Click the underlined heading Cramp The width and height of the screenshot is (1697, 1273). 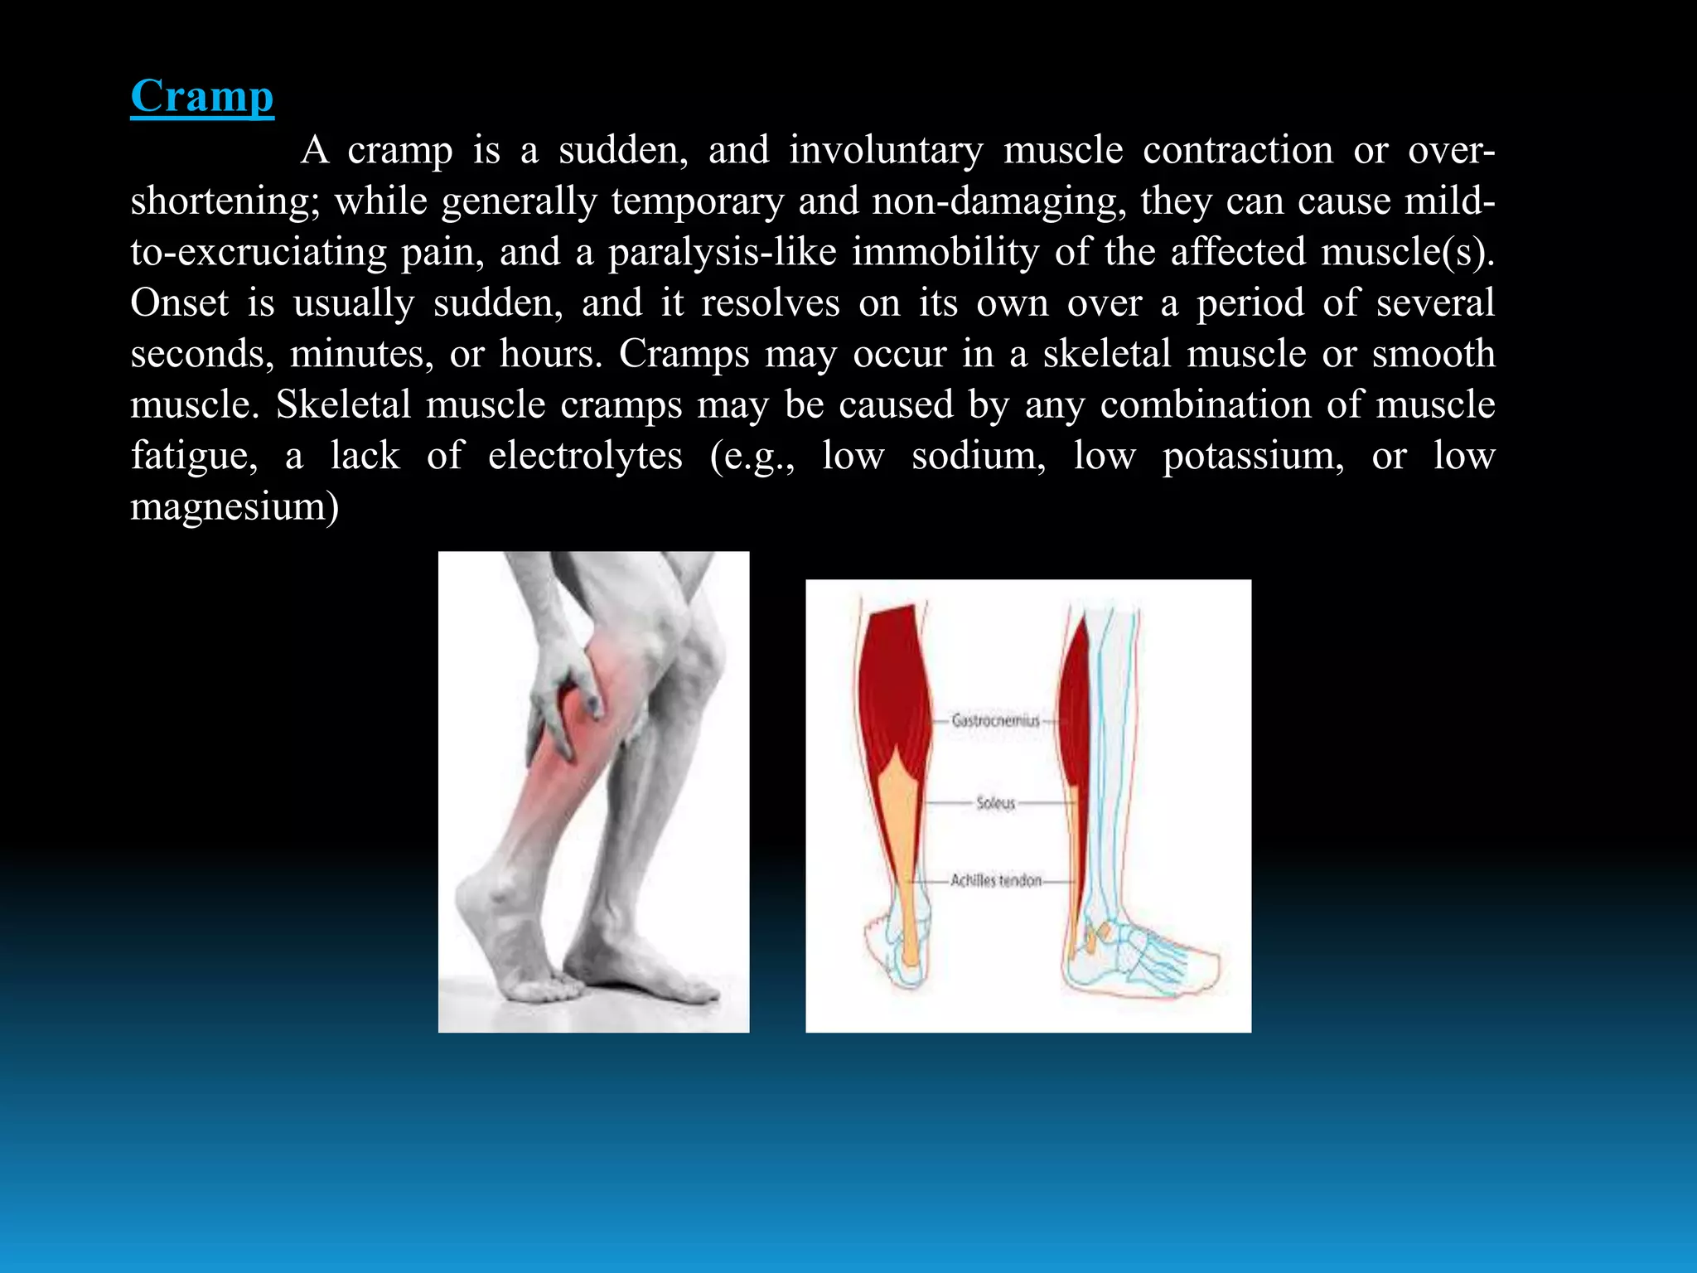202,96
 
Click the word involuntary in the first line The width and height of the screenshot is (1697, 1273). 886,151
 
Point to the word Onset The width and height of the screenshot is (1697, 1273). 179,303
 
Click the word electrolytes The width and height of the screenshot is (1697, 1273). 585,456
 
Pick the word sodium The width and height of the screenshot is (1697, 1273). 979,456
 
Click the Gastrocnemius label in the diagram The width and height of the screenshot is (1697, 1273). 995,720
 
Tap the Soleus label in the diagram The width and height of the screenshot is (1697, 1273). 995,802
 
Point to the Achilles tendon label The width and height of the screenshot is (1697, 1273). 995,880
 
